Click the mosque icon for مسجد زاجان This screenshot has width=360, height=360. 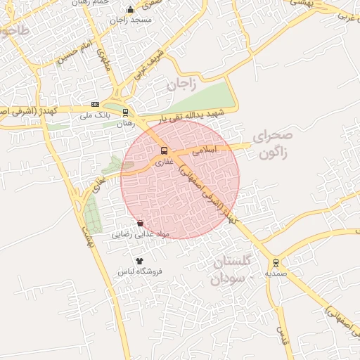tap(130, 10)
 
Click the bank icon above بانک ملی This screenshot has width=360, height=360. tap(95, 105)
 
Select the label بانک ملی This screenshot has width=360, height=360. tap(96, 115)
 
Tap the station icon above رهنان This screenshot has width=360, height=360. tap(125, 112)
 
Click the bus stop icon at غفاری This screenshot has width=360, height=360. tap(164, 150)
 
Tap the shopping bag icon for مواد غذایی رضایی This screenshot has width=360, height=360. tap(140, 224)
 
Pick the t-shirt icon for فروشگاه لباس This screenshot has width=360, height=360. tap(139, 261)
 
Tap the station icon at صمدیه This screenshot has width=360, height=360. tap(276, 262)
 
